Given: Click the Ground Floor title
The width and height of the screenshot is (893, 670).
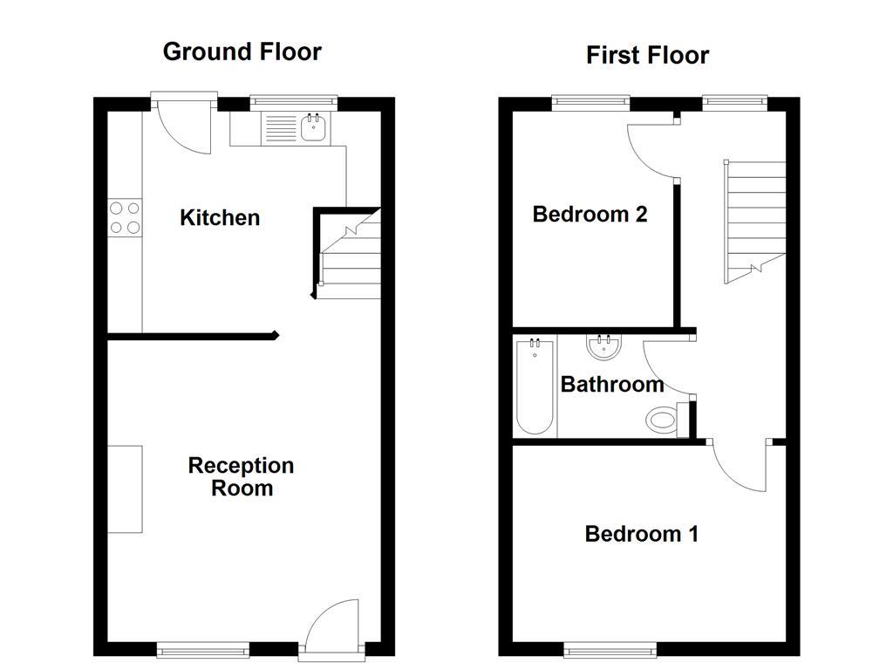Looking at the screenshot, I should click(242, 51).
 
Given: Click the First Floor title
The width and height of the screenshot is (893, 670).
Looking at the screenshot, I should click(647, 55).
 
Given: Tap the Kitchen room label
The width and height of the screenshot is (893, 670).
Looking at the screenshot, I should click(220, 217).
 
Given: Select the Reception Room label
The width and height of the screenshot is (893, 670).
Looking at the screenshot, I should click(241, 476).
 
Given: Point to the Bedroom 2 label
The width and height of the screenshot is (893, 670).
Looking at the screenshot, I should click(590, 214).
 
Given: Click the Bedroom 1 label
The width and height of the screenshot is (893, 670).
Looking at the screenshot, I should click(641, 533).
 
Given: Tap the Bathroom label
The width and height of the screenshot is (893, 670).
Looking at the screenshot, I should click(611, 384).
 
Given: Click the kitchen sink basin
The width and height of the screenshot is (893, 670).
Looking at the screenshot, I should click(314, 129).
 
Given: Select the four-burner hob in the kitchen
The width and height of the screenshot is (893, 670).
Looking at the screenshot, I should click(125, 218).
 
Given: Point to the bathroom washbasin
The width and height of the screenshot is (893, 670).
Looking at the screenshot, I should click(603, 349).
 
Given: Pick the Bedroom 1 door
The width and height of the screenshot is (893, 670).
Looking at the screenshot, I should click(740, 468).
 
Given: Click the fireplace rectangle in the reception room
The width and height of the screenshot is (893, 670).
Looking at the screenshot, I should click(125, 489).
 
